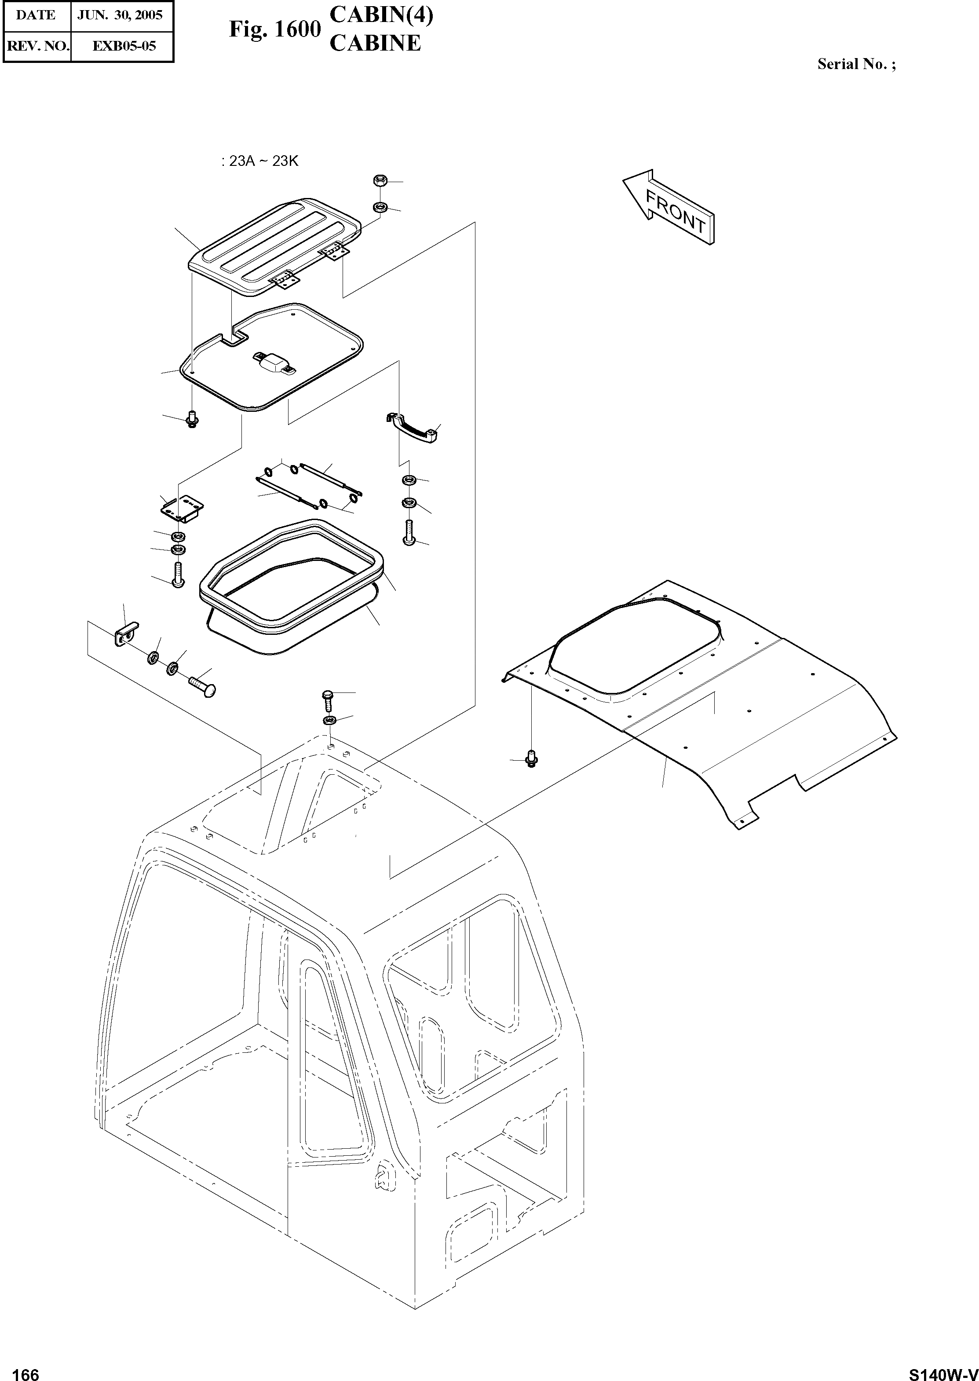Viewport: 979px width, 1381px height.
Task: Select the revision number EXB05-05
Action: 124,46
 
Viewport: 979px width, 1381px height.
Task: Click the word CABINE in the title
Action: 376,44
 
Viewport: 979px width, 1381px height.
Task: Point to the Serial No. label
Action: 856,65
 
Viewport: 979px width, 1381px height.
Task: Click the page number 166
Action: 26,1369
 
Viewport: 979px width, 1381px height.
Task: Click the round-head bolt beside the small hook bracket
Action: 203,686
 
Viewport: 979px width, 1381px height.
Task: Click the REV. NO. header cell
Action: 36,46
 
